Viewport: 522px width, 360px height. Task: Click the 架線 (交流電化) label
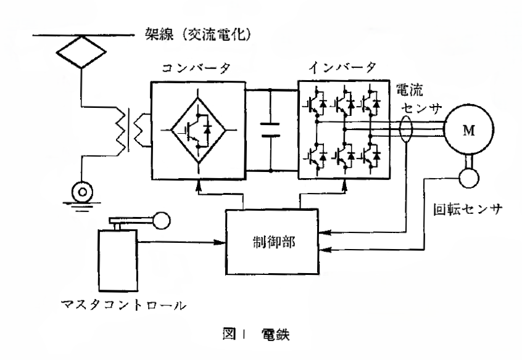click(201, 33)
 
